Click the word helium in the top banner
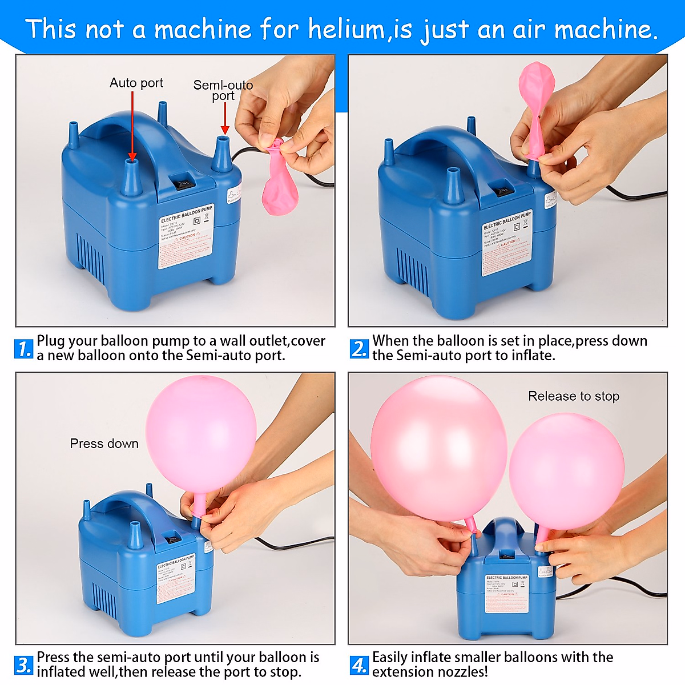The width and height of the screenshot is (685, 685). pos(346,29)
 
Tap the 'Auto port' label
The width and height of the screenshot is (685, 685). pos(136,83)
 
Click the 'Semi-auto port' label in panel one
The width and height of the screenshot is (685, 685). pos(223,90)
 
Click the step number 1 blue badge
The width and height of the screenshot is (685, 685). pos(23,349)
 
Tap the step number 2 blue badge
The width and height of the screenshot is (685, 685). pos(359,349)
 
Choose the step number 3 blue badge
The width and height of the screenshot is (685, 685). pos(23,665)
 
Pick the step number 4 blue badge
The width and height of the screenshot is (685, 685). pos(359,665)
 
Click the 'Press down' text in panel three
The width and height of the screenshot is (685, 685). pos(104,444)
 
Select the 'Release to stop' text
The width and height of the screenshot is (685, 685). pos(573,396)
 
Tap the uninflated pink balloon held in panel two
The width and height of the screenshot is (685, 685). pos(537,108)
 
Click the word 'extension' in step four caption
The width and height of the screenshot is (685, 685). pos(401,672)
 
